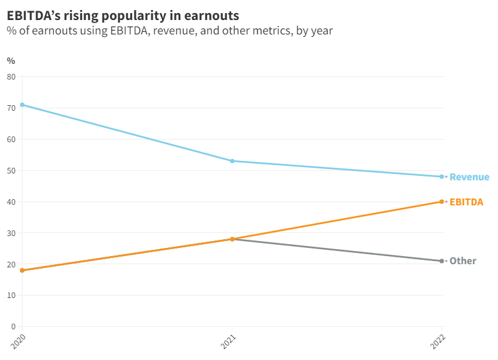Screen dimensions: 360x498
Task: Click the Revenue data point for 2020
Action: [x=23, y=105]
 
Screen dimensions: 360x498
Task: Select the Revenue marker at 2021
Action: [x=232, y=161]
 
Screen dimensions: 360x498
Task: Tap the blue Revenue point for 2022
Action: [x=442, y=177]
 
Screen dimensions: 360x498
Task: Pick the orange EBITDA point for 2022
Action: [x=442, y=202]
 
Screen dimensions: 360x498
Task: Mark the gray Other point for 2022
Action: [x=442, y=261]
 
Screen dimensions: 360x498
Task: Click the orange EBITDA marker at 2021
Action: [x=232, y=239]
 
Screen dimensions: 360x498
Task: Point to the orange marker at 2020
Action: [x=23, y=270]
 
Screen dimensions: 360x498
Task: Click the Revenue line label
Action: [x=469, y=177]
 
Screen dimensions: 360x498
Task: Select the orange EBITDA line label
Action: [x=466, y=202]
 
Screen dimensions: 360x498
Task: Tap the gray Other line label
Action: [x=463, y=261]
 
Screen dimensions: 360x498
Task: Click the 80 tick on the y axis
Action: [x=11, y=76]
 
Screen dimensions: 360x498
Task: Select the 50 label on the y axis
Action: [x=11, y=170]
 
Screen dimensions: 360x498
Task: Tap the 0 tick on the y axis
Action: [x=13, y=326]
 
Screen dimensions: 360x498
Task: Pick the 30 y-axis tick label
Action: [x=11, y=233]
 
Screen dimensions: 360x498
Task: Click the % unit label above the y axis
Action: [x=11, y=61]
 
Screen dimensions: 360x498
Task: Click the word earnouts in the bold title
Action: [x=211, y=14]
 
